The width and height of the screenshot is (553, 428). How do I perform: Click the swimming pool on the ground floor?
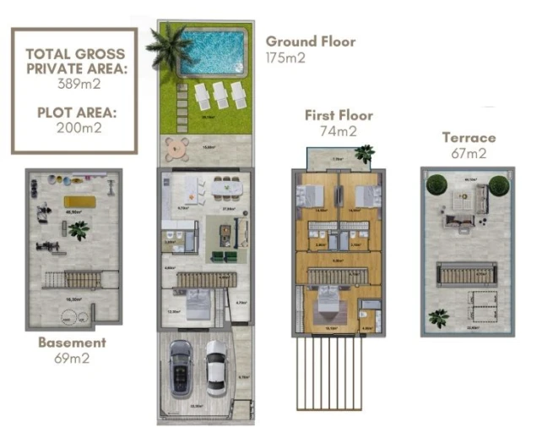(x=215, y=52)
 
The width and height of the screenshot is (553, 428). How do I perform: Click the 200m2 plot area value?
(x=74, y=129)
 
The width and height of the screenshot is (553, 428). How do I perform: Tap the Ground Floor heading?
(x=310, y=41)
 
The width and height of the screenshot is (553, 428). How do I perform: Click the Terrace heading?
(x=469, y=138)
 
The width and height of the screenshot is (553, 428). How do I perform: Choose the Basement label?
(x=72, y=343)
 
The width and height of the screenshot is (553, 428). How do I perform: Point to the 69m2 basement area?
(x=72, y=358)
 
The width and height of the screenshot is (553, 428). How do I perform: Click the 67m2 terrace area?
(x=469, y=153)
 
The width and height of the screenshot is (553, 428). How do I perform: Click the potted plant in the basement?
(x=79, y=229)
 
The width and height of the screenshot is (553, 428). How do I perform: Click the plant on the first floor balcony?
(x=364, y=153)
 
